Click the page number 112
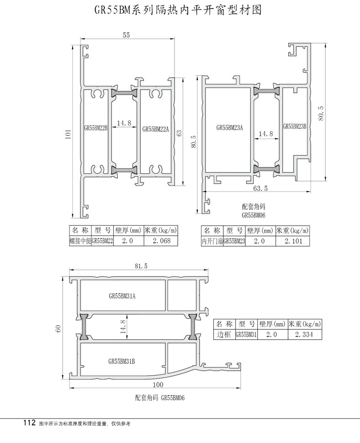pyautogui.click(x=30, y=423)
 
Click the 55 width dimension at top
pyautogui.click(x=126, y=35)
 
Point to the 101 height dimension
pyautogui.click(x=68, y=134)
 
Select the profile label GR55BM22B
pyautogui.click(x=96, y=128)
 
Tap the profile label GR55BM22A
pyautogui.click(x=155, y=129)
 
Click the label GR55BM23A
pyautogui.click(x=230, y=128)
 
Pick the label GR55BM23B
pyautogui.click(x=295, y=126)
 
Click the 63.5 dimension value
pyautogui.click(x=260, y=188)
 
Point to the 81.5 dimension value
pyautogui.click(x=141, y=266)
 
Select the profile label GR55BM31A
pyautogui.click(x=122, y=296)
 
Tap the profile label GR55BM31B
pyautogui.click(x=121, y=361)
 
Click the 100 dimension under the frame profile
pyautogui.click(x=158, y=384)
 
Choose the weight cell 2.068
pyautogui.click(x=161, y=241)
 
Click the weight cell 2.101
pyautogui.click(x=293, y=241)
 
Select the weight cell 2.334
pyautogui.click(x=304, y=334)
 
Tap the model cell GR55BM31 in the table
pyautogui.click(x=246, y=334)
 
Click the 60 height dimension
pyautogui.click(x=58, y=328)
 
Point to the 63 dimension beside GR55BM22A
pyautogui.click(x=179, y=133)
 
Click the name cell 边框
pyautogui.click(x=224, y=334)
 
